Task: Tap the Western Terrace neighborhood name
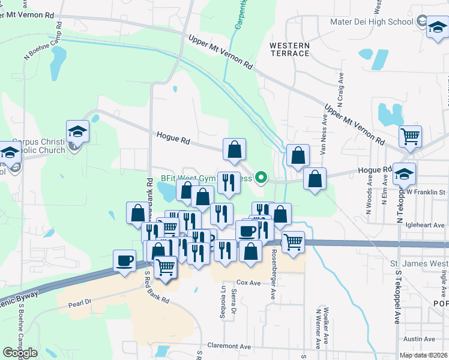click(x=289, y=49)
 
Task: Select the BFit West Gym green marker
click(x=261, y=178)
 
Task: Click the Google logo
click(x=20, y=353)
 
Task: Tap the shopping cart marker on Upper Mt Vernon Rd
click(x=410, y=136)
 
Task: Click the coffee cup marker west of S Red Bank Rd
click(x=125, y=260)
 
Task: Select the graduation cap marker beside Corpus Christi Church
click(x=77, y=130)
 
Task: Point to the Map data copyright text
click(x=423, y=355)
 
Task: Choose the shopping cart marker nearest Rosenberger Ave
click(x=293, y=242)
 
